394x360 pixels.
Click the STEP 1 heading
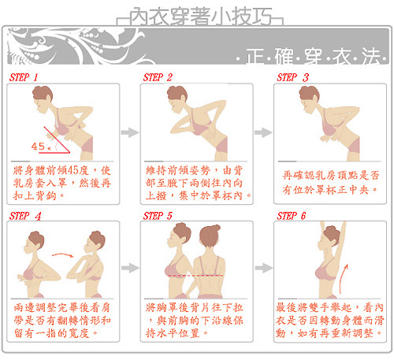(x=24, y=77)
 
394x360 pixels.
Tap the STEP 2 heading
(x=158, y=77)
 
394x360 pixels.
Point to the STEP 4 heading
(x=25, y=216)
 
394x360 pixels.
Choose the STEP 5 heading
(x=158, y=216)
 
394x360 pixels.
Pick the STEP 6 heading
(x=292, y=216)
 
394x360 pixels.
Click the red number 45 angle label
(x=38, y=147)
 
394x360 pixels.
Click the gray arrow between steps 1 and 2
(x=130, y=132)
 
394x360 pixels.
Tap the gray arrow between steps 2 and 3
(x=263, y=132)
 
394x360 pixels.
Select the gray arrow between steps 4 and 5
(x=130, y=268)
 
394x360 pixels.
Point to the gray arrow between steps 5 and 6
(x=264, y=268)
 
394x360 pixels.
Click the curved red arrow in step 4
(x=62, y=254)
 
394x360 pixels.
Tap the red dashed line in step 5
(x=195, y=276)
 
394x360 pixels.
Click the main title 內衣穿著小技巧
(x=200, y=17)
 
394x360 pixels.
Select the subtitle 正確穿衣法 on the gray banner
(x=313, y=57)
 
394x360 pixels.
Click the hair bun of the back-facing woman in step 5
(x=216, y=228)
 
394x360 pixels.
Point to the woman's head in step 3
(x=310, y=98)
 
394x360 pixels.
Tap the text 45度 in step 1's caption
(x=77, y=170)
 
